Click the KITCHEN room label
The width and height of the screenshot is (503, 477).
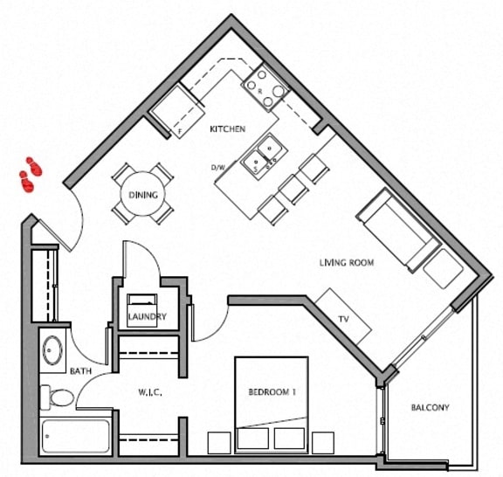[x=226, y=129]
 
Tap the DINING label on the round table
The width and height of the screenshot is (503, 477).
[x=143, y=195]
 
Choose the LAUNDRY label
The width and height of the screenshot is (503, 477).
[x=146, y=316]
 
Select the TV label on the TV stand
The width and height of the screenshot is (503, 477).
[x=343, y=320]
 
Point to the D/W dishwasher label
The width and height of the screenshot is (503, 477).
[x=218, y=167]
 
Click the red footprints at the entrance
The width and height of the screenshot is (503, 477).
[x=31, y=174]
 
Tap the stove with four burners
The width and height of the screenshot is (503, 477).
[x=264, y=87]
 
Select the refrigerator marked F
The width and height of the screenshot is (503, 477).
[x=173, y=111]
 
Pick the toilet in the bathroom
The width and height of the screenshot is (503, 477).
[x=60, y=398]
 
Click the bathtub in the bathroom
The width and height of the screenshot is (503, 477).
[x=76, y=436]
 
